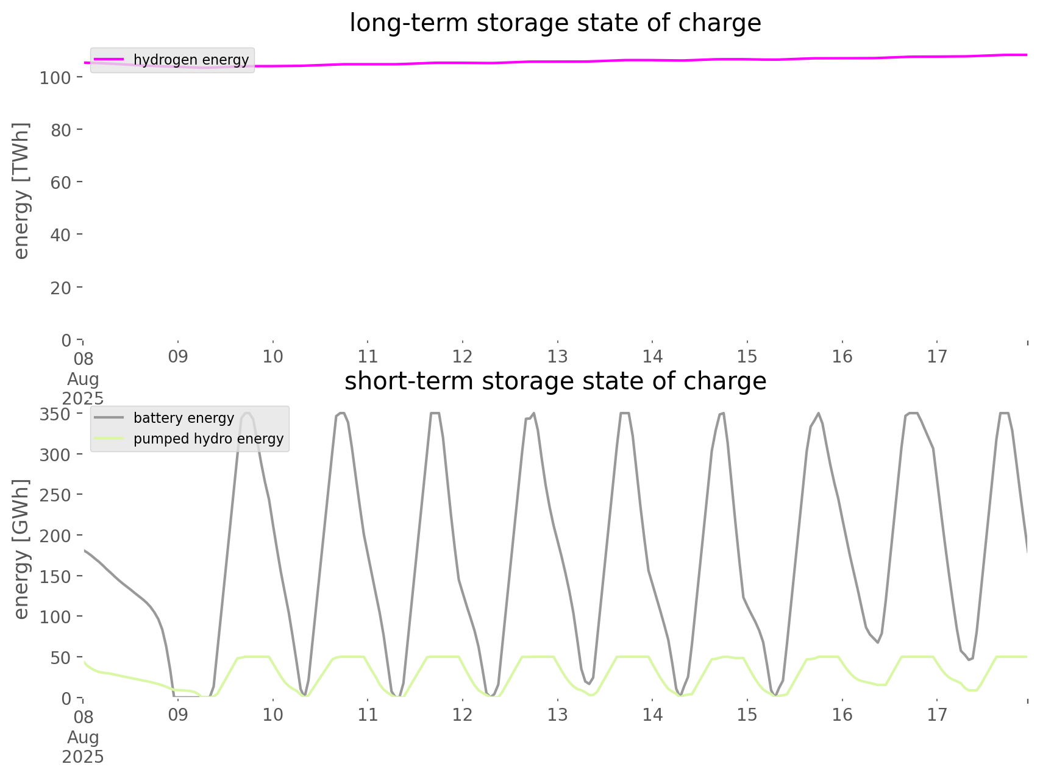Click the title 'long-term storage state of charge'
[x=555, y=23]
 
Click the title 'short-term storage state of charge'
[x=555, y=381]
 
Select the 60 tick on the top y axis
[x=62, y=182]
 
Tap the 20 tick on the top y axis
[x=62, y=288]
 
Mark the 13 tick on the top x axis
[x=558, y=356]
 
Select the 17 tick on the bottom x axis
[x=938, y=715]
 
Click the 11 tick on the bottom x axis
[x=368, y=715]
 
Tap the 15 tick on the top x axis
[x=747, y=356]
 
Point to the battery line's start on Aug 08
[x=84, y=550]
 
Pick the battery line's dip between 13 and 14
[x=588, y=684]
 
